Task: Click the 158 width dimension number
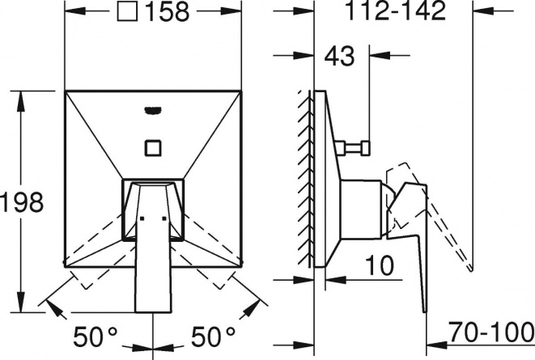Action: [168, 11]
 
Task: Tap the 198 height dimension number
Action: [22, 201]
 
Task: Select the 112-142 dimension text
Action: [396, 11]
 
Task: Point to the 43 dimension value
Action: [339, 56]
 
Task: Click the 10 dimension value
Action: [380, 265]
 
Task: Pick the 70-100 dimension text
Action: [490, 332]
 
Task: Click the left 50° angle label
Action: [96, 337]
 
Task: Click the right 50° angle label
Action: [213, 337]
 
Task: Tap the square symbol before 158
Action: [127, 11]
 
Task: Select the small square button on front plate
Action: [153, 148]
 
